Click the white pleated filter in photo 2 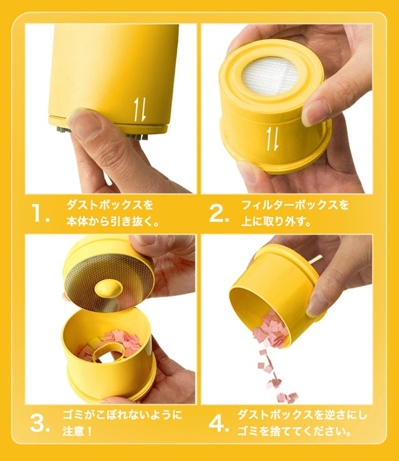[269, 75]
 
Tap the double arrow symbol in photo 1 [140, 109]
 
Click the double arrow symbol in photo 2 [272, 138]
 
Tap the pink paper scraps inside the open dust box [116, 344]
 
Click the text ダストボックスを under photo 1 [110, 205]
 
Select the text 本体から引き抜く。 [113, 221]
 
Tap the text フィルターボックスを [295, 205]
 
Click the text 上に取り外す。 [276, 221]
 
